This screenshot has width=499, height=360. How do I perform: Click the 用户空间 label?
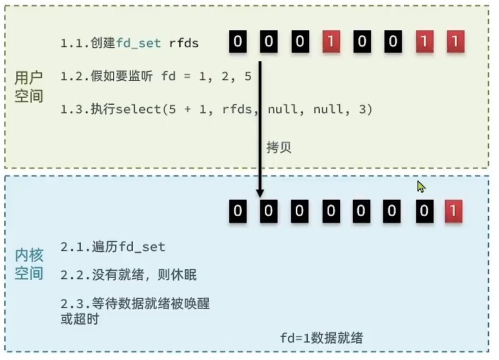(x=29, y=86)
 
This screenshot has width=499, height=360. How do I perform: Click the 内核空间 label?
(x=29, y=264)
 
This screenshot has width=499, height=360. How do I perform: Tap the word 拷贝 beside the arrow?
(x=278, y=148)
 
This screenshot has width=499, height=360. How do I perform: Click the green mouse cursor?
(x=421, y=186)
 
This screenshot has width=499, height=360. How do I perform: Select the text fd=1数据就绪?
(x=321, y=338)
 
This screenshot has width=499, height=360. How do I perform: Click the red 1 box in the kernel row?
(x=454, y=210)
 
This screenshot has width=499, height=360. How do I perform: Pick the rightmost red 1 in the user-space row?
(x=454, y=41)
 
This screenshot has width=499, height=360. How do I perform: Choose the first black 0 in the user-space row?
(x=238, y=41)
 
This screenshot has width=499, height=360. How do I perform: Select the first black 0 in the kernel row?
(x=238, y=210)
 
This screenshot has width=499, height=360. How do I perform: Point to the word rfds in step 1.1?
(x=184, y=44)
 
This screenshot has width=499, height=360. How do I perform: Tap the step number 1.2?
(x=72, y=77)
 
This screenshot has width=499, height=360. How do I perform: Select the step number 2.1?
(x=72, y=247)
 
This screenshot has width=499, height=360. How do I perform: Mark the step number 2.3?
(x=72, y=304)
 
